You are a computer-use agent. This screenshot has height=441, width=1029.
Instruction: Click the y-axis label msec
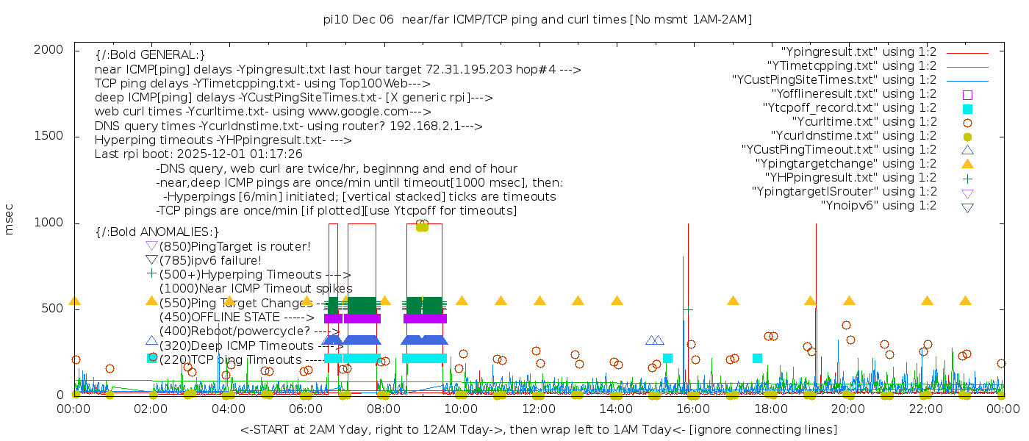click(x=10, y=219)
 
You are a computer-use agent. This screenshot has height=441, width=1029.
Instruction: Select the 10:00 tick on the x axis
click(x=462, y=408)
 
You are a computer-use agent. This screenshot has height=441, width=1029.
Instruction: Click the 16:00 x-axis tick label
click(x=694, y=408)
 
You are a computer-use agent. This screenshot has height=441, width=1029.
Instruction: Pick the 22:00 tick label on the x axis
click(x=925, y=408)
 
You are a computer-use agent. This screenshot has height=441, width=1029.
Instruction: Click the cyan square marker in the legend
click(x=967, y=109)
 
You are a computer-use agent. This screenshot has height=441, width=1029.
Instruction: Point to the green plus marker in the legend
click(x=967, y=179)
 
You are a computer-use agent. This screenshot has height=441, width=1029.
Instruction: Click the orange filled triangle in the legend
click(x=967, y=164)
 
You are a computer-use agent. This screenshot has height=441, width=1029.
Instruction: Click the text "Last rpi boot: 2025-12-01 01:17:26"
click(x=198, y=154)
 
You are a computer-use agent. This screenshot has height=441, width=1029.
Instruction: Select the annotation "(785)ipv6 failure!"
click(x=210, y=260)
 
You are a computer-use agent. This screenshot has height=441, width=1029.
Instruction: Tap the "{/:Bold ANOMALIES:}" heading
click(x=157, y=232)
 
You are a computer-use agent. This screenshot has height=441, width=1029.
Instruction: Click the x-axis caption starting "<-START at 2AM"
click(x=538, y=429)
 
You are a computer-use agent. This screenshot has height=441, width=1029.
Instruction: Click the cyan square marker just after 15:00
click(x=667, y=359)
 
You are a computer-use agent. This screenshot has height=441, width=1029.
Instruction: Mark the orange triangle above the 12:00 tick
click(x=539, y=301)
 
